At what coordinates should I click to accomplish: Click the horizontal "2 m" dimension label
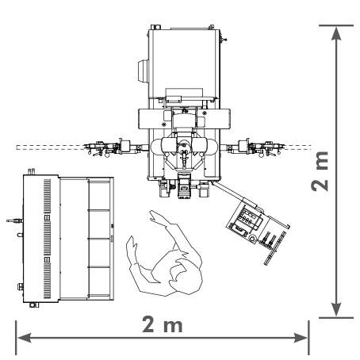click(163, 324)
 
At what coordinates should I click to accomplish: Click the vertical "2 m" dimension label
click(320, 171)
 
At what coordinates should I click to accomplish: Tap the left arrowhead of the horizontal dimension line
click(24, 338)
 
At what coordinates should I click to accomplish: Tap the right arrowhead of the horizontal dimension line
click(301, 338)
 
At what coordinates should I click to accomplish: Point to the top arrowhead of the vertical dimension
click(336, 33)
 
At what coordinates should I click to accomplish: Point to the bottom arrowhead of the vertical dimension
click(336, 309)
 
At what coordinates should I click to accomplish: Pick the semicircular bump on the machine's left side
click(143, 71)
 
